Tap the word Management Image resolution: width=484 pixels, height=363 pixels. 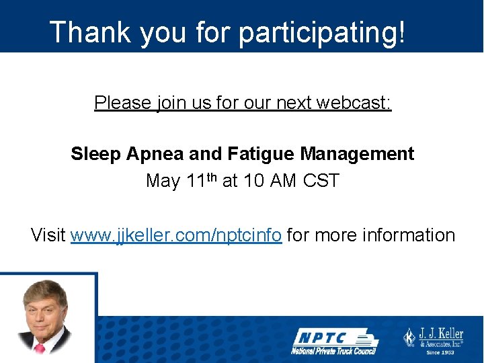point(357,154)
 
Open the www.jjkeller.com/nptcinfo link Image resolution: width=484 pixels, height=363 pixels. point(176,235)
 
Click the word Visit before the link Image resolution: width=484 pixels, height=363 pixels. point(48,235)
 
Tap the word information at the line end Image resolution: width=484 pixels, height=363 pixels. point(408,235)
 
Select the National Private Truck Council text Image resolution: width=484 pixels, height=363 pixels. point(333,350)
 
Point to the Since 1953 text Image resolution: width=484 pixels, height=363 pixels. point(441,352)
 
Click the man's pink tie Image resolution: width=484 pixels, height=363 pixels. point(39,348)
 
